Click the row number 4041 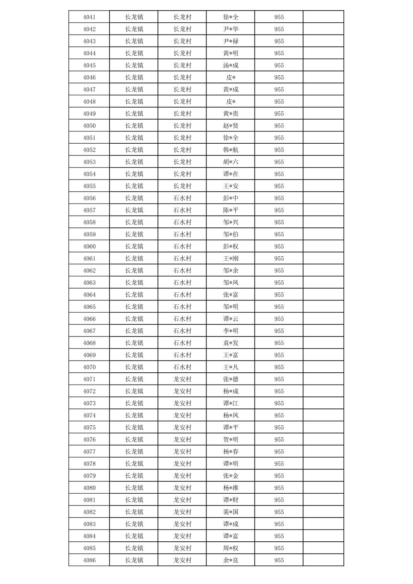89,17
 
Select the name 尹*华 231,29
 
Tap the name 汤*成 231,65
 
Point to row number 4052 89,150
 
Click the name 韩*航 231,150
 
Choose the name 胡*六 231,162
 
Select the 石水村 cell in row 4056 182,198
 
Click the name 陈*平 231,210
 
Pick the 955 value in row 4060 279,246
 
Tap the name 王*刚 231,259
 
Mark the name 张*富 231,295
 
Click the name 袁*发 231,343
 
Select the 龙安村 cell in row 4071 182,379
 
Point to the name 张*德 231,379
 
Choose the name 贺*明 231,440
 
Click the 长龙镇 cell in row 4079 134,476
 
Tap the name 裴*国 231,512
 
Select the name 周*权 231,548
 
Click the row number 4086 89,560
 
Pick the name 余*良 231,560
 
